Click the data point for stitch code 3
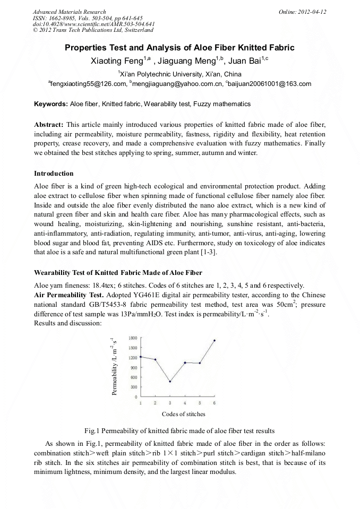pos(170,381)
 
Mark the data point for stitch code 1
pos(141,357)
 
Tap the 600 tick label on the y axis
pos(133,377)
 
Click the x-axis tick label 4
pos(185,403)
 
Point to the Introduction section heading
pos(54,174)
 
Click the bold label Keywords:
pos(51,104)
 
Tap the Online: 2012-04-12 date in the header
pos(302,12)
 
